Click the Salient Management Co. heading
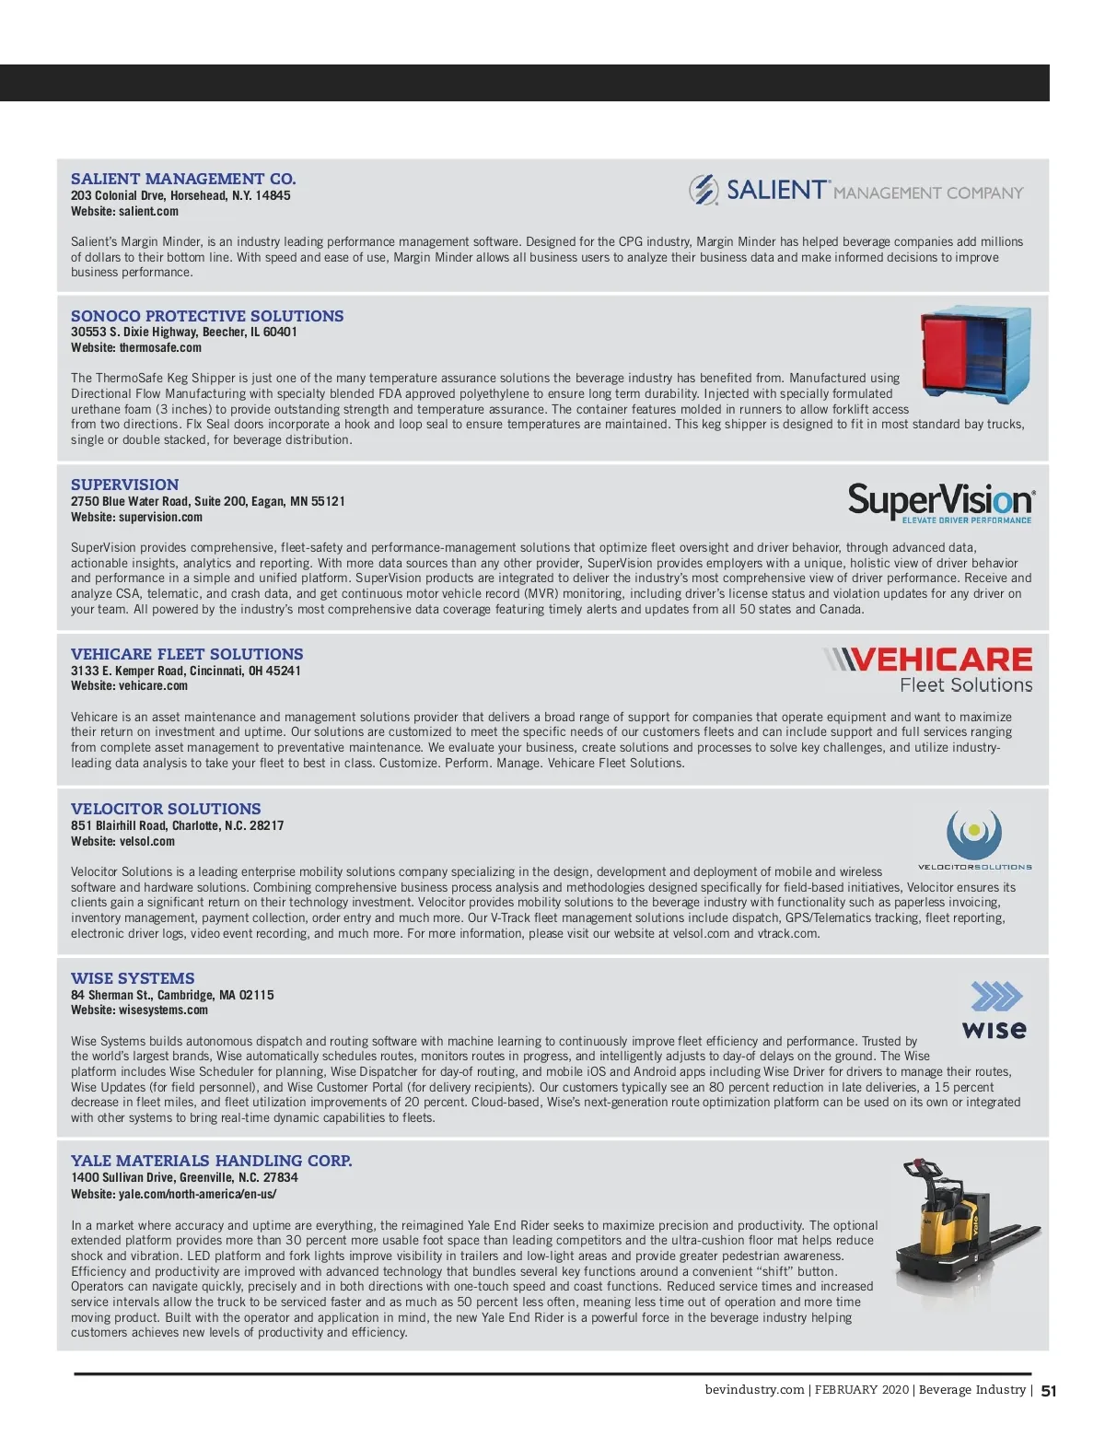(183, 179)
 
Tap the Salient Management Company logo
(855, 191)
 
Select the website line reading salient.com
(124, 211)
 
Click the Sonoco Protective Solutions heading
(207, 316)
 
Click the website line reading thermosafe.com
(136, 347)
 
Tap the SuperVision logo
(941, 503)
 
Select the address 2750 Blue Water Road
(207, 501)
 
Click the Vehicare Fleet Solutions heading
(187, 654)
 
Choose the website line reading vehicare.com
(129, 685)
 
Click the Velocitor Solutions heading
(166, 809)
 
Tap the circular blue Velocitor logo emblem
(973, 833)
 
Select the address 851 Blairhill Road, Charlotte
(177, 825)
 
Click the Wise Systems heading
(133, 978)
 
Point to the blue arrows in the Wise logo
(996, 996)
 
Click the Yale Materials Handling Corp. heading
(211, 1161)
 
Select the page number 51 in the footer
(1049, 1391)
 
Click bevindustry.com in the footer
(754, 1390)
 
